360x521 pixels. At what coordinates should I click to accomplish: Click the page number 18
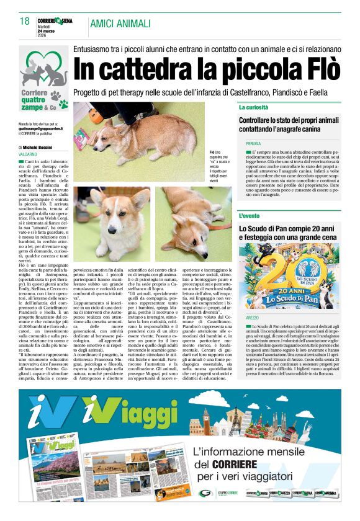coord(25,22)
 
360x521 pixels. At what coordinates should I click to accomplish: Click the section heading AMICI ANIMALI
coord(120,24)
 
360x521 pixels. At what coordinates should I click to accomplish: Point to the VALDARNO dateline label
coord(27,153)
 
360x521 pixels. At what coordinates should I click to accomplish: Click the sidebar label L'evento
coord(250,216)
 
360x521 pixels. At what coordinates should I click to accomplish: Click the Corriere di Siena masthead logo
coord(55,21)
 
